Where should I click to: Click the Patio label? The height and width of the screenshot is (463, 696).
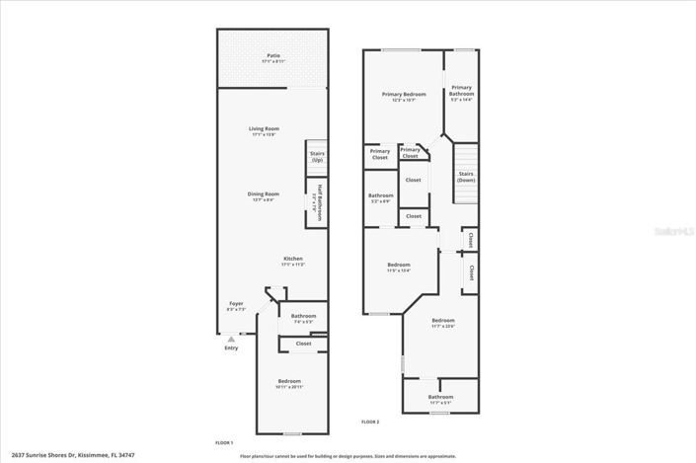[x=272, y=56]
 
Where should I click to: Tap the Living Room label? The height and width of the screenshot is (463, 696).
[x=264, y=129]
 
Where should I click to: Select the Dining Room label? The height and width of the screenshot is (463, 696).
[x=264, y=194]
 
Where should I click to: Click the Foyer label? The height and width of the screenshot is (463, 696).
[x=237, y=304]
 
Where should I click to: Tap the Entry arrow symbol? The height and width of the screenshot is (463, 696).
[x=231, y=339]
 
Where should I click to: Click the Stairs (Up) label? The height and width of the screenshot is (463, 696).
[x=317, y=156]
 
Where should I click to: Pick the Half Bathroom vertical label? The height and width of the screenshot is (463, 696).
[x=319, y=201]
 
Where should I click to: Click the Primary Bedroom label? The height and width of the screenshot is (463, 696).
[x=399, y=95]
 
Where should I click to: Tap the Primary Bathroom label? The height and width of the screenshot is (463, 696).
[x=462, y=92]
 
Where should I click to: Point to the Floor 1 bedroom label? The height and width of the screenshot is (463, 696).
[x=289, y=382]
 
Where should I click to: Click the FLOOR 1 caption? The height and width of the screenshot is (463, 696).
[x=224, y=442]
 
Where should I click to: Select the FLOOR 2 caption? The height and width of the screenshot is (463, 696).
[x=370, y=422]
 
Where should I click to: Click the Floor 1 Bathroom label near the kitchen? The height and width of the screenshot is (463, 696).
[x=303, y=317]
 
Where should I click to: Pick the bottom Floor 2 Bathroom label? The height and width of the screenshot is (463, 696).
[x=440, y=398]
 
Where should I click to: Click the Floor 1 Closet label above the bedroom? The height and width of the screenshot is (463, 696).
[x=303, y=343]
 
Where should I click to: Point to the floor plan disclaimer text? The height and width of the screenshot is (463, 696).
[x=348, y=456]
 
